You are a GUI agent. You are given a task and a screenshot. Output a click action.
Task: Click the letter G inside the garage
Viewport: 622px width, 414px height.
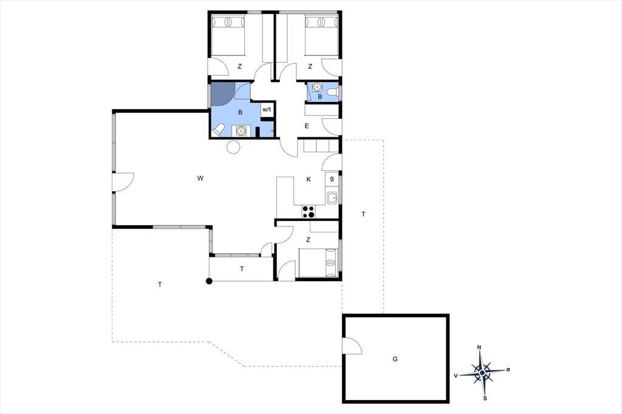coord(395,359)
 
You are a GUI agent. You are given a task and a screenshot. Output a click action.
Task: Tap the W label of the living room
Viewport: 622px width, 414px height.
coord(200,178)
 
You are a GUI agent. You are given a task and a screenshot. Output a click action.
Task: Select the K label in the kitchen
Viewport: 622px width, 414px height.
coord(309,180)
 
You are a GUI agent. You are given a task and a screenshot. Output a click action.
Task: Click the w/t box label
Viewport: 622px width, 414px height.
coord(267,110)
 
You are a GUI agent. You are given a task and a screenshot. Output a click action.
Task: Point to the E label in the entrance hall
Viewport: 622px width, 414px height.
coord(307,126)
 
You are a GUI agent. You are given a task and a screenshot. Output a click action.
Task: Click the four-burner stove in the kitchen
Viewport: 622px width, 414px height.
coord(308,211)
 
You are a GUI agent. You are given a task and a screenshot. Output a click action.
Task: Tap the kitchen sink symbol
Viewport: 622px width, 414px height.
coord(332,197)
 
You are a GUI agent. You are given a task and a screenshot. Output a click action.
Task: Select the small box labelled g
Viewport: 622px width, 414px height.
coord(332,179)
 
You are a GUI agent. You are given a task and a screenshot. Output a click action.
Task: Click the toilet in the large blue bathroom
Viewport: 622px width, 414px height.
coord(218,130)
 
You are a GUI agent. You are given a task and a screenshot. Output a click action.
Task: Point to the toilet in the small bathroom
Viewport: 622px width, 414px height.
coord(333,92)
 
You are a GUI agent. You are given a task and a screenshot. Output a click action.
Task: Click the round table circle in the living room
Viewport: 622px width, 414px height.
coord(233,147)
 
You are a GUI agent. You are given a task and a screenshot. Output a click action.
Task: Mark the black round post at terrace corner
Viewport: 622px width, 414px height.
coord(209,282)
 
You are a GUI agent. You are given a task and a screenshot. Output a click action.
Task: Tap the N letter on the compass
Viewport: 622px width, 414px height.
coord(479,347)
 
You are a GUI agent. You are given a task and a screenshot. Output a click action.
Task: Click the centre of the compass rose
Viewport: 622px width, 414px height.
coord(482,373)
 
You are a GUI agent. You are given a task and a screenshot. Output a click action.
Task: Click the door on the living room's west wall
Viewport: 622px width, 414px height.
coord(123,182)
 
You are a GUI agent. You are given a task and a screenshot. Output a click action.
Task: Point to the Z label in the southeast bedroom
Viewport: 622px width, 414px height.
coord(308,240)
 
